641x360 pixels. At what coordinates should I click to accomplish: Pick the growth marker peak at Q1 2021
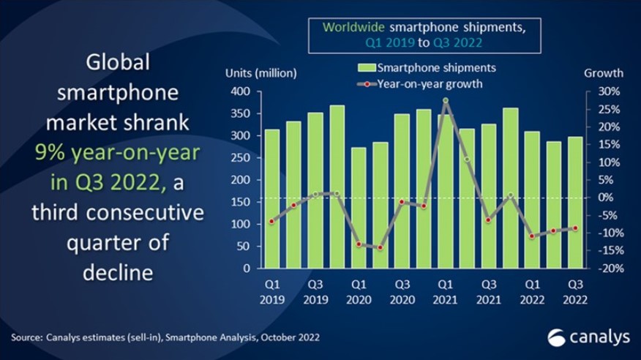click(445, 100)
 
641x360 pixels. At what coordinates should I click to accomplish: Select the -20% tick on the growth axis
click(610, 269)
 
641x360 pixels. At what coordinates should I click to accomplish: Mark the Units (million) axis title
click(260, 72)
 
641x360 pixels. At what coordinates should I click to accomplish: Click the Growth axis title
click(604, 72)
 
